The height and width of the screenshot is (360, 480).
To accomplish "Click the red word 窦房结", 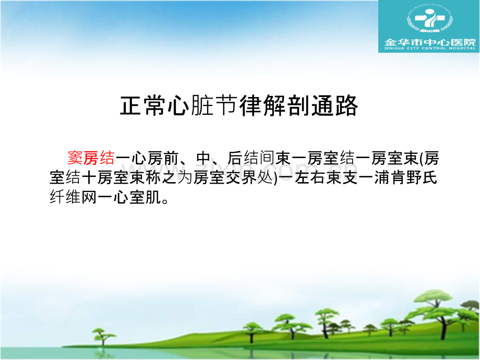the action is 91,158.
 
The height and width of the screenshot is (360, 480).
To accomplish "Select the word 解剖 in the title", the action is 286,105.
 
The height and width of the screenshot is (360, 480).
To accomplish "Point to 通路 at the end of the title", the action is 334,105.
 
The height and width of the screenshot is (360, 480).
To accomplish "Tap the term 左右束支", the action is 326,178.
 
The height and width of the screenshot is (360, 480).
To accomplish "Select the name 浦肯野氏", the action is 405,178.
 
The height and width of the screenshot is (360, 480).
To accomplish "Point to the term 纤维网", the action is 73,197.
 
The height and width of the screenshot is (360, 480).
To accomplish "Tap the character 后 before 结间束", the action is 235,158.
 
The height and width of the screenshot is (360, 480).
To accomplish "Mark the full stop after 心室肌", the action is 165,201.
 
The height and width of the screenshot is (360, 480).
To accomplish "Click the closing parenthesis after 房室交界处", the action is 275,178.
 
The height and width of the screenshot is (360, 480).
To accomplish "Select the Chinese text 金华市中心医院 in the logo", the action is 430,42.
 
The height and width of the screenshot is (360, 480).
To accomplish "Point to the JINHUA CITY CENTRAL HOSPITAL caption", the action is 430,49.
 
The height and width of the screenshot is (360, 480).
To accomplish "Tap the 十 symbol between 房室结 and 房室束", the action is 89,178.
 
